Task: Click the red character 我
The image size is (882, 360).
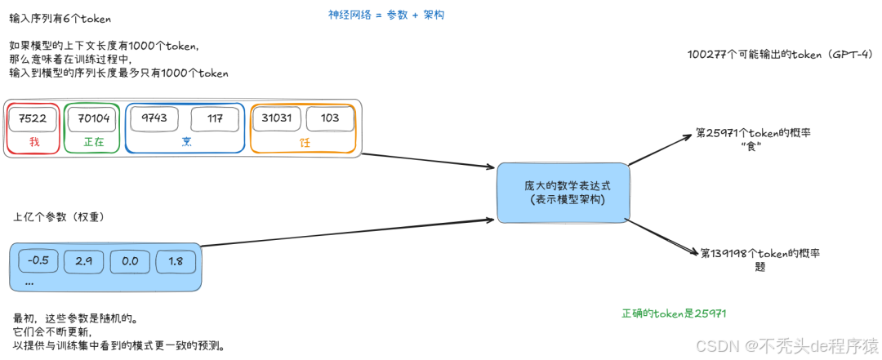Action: pyautogui.click(x=33, y=142)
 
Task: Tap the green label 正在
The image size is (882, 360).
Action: pyautogui.click(x=93, y=142)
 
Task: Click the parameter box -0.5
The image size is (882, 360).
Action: pyautogui.click(x=39, y=261)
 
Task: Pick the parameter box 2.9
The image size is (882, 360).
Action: pyautogui.click(x=84, y=261)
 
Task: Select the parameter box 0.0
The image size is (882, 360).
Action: pyautogui.click(x=130, y=261)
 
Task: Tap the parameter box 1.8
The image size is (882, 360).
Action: pyautogui.click(x=176, y=261)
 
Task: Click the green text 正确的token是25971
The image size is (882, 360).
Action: pyautogui.click(x=674, y=313)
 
